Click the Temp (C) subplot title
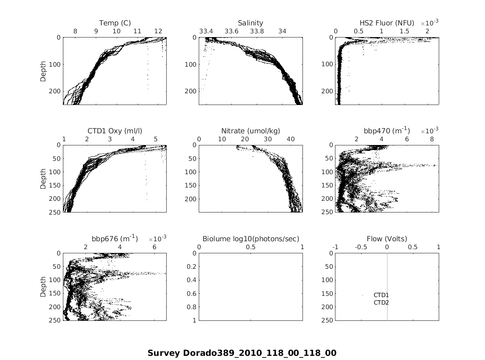(115, 23)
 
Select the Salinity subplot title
(250, 23)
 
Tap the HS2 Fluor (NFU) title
(387, 23)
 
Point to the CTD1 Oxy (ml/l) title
(115, 131)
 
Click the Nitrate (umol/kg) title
(250, 131)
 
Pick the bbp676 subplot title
(115, 239)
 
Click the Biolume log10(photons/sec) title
(250, 239)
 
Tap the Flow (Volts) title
(387, 239)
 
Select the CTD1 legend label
(381, 295)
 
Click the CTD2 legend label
(381, 302)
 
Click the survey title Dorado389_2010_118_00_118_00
(242, 353)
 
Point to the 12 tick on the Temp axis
(158, 31)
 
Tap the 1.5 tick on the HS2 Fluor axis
(404, 31)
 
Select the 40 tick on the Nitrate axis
(290, 139)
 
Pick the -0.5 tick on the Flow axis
(361, 247)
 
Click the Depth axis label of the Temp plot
(43, 71)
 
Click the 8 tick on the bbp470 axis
(432, 139)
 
